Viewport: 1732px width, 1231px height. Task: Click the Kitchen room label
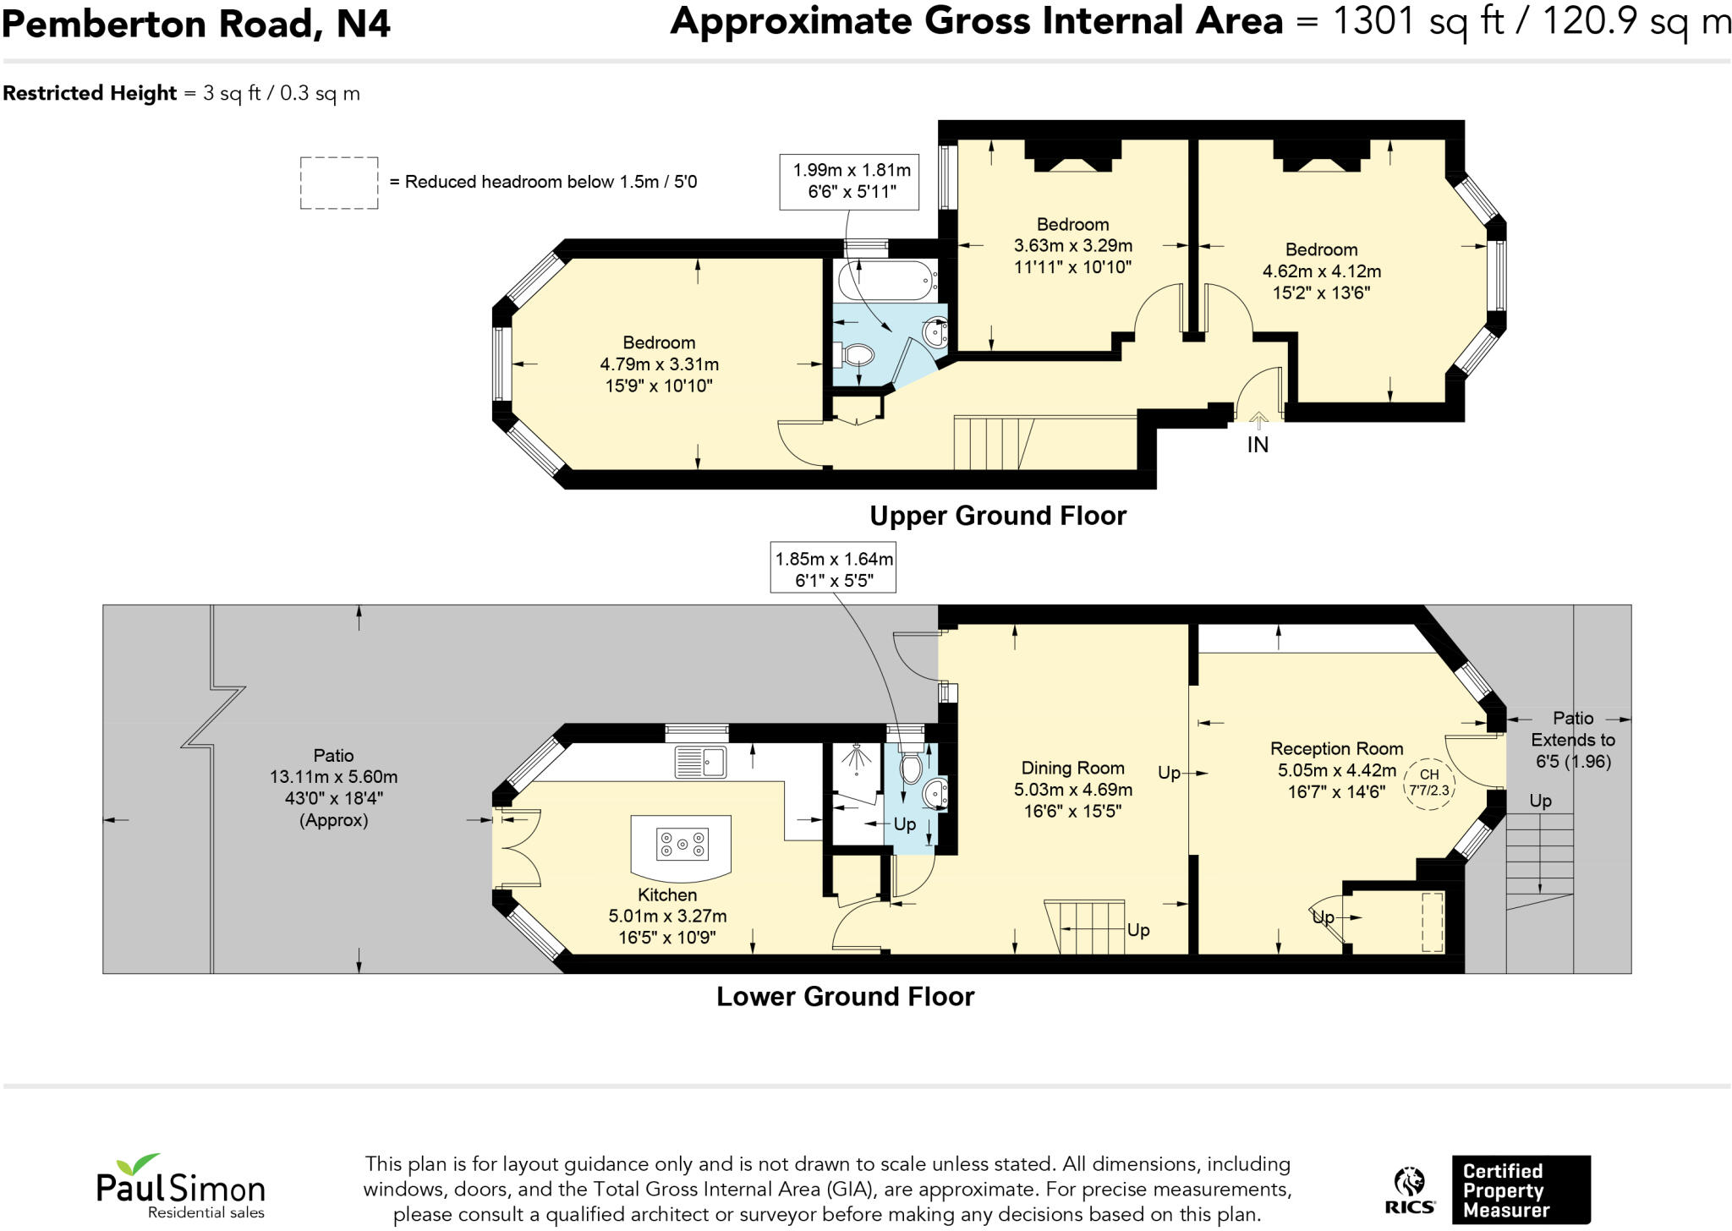(x=667, y=895)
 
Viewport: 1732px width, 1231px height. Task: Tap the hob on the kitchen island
(x=682, y=843)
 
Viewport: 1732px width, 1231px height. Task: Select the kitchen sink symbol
(x=700, y=762)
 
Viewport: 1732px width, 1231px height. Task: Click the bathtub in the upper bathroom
(x=884, y=280)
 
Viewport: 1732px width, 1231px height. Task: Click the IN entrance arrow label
(x=1258, y=445)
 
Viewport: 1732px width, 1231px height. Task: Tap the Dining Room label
(x=1072, y=768)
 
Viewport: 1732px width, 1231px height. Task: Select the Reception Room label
(x=1336, y=748)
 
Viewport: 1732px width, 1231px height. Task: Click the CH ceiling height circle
(x=1428, y=783)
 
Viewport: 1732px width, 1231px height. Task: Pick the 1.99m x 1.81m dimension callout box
(x=851, y=180)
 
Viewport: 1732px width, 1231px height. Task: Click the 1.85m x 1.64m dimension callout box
(x=833, y=569)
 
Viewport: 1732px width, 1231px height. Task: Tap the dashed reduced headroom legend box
(x=339, y=183)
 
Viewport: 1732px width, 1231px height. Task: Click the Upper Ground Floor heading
(x=998, y=516)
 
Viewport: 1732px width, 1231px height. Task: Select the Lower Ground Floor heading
(x=845, y=997)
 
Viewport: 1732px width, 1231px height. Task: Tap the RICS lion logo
(x=1409, y=1190)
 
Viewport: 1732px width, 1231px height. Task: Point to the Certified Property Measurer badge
(x=1521, y=1190)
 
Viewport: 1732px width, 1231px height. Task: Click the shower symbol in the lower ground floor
(x=856, y=760)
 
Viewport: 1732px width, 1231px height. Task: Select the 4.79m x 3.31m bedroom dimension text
(x=659, y=364)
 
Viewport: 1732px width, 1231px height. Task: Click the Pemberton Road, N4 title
(x=196, y=24)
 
